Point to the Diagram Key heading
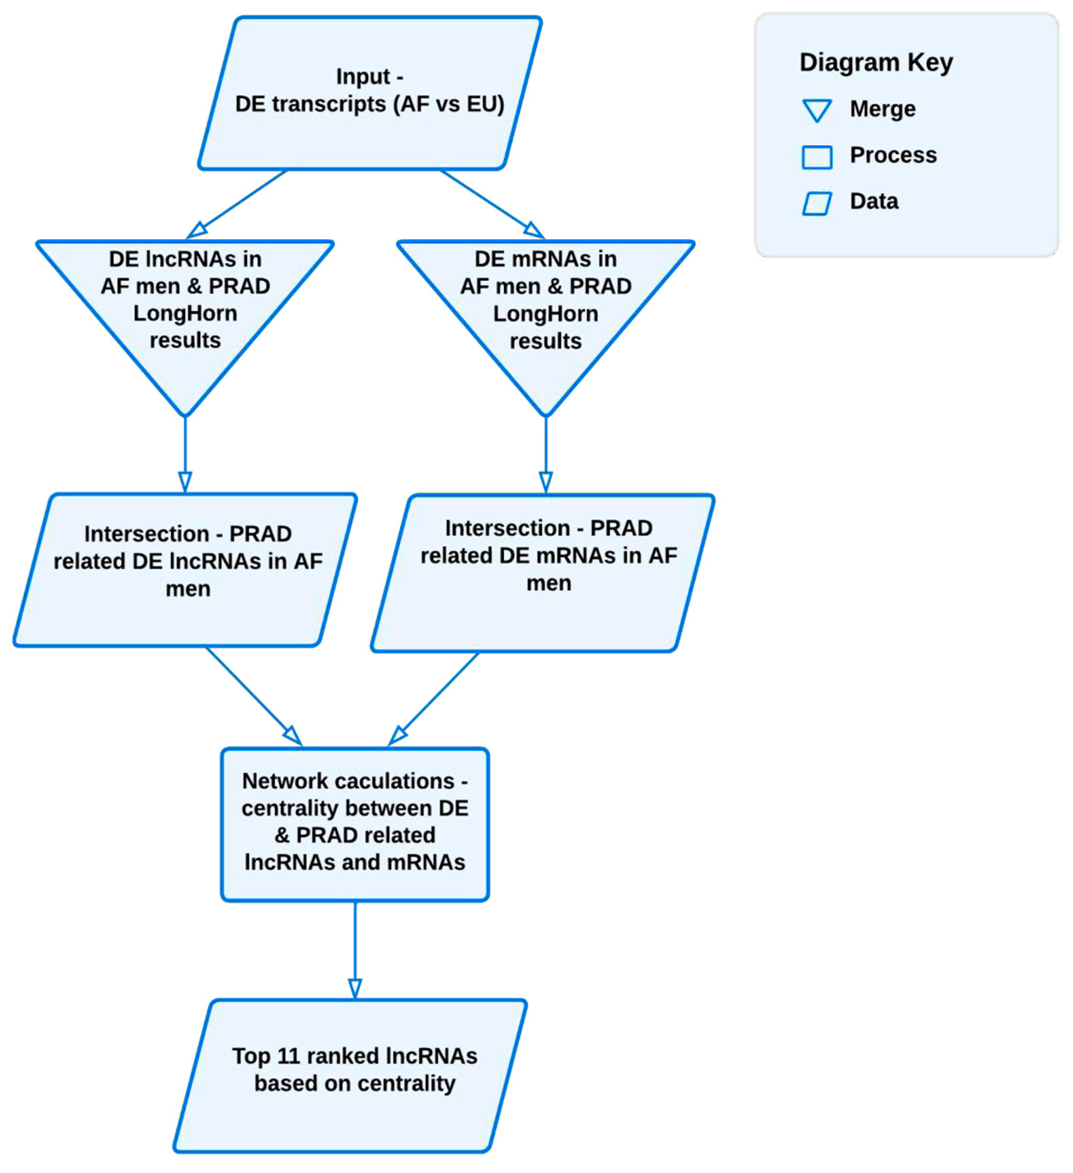point(876,62)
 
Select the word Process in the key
point(893,155)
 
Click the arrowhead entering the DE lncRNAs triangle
point(197,230)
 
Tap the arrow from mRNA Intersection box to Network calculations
point(433,698)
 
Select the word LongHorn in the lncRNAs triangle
point(185,313)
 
